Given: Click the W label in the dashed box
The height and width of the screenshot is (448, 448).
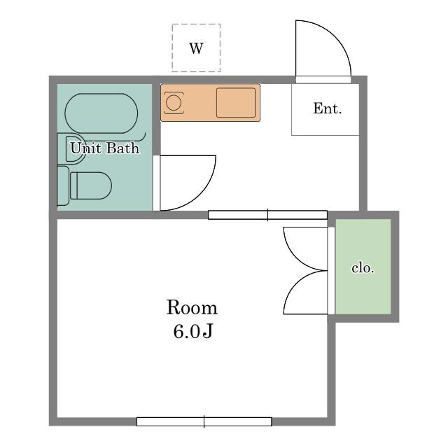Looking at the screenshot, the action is click(196, 48).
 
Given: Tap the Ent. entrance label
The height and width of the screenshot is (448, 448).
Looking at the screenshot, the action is click(327, 108).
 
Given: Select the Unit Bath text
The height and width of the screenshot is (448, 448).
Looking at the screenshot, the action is click(105, 148).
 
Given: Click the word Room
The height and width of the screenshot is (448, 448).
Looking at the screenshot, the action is click(192, 307).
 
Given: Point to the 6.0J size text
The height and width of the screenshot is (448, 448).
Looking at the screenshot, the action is click(192, 331).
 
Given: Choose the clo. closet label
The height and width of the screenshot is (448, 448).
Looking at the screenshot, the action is click(363, 267).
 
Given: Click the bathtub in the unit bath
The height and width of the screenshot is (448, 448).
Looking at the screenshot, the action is click(101, 113).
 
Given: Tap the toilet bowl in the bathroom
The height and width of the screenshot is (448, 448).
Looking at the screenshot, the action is click(91, 185).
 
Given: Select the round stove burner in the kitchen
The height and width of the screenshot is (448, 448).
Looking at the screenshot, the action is click(174, 103).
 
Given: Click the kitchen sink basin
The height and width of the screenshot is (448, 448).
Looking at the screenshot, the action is click(236, 103).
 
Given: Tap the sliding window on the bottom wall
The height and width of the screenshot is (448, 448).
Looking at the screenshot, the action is click(204, 421).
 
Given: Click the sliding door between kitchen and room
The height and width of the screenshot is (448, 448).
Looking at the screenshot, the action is click(267, 215).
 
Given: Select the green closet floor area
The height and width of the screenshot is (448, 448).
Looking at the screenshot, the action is click(363, 267).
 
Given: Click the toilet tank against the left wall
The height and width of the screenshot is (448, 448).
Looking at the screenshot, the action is click(63, 185).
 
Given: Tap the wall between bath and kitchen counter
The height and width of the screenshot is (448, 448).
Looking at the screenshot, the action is click(156, 119).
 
